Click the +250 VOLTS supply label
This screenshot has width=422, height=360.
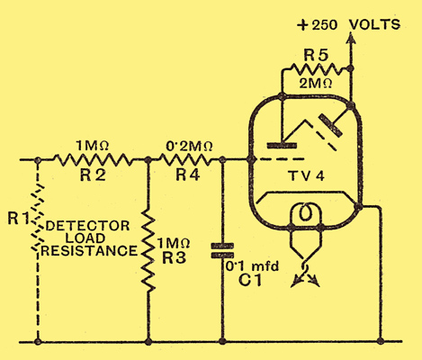348,24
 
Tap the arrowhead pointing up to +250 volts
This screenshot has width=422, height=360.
352,39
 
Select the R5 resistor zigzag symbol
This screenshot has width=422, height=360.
315,69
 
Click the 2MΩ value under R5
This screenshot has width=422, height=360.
316,84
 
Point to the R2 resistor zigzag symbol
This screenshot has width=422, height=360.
93,160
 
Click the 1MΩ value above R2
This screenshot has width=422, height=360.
92,146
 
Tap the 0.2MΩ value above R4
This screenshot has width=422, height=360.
190,146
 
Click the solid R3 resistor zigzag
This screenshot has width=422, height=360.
148,250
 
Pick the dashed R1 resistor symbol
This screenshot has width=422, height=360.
38,218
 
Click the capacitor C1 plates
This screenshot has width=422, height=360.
222,251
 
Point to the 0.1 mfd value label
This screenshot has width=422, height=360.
252,265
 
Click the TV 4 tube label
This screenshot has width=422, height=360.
307,175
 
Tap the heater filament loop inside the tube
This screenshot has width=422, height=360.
306,212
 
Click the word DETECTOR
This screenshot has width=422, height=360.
88,226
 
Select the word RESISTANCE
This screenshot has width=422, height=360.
89,251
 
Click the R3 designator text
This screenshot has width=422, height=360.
174,257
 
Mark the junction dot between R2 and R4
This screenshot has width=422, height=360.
148,160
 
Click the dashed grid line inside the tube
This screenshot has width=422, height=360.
282,159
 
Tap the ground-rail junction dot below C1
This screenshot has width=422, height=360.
222,341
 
